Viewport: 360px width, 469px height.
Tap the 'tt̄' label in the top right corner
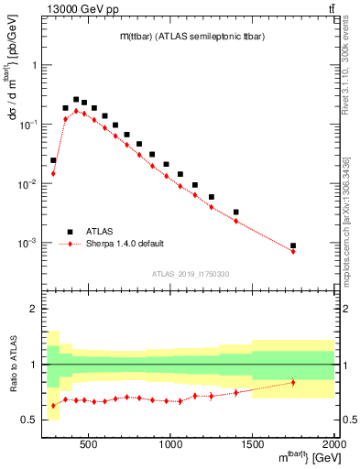click(330, 10)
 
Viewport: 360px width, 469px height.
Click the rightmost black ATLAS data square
click(293, 245)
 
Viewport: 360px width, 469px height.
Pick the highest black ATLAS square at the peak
click(76, 99)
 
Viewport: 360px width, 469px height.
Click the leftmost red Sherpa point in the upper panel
click(53, 173)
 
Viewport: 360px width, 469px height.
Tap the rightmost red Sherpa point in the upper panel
click(293, 251)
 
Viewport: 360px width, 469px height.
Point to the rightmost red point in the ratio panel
click(293, 382)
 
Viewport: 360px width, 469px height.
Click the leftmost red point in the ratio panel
click(53, 405)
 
